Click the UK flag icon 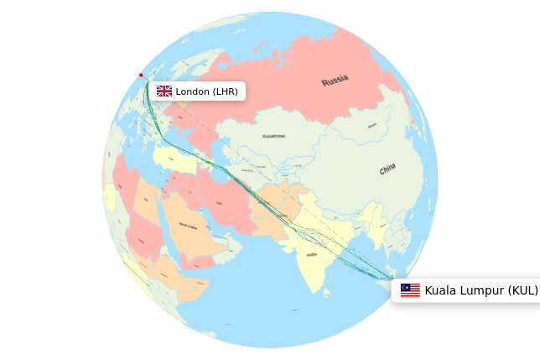[164, 91]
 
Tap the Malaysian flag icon [410, 290]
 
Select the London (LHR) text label [207, 91]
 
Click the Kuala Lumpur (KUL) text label [481, 290]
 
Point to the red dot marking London [141, 76]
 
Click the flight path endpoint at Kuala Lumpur [391, 277]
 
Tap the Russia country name [335, 81]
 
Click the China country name [387, 170]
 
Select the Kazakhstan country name [273, 136]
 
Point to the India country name [312, 254]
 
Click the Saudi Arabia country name [189, 226]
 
